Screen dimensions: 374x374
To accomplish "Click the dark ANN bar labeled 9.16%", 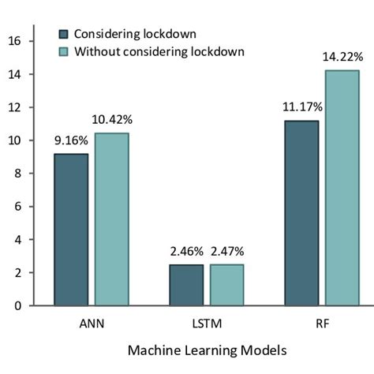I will pos(72,229).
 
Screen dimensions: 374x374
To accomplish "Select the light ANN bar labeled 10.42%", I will pos(111,219).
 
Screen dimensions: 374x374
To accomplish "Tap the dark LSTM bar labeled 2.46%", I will pos(186,285).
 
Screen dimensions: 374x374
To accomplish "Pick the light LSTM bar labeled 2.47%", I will pos(226,285).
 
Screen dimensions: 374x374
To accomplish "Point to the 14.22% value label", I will pos(342,57).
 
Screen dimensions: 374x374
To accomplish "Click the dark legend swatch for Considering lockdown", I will pos(64,36).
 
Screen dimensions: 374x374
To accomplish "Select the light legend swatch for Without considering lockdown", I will pos(64,52).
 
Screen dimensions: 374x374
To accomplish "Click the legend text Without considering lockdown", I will pos(159,52).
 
